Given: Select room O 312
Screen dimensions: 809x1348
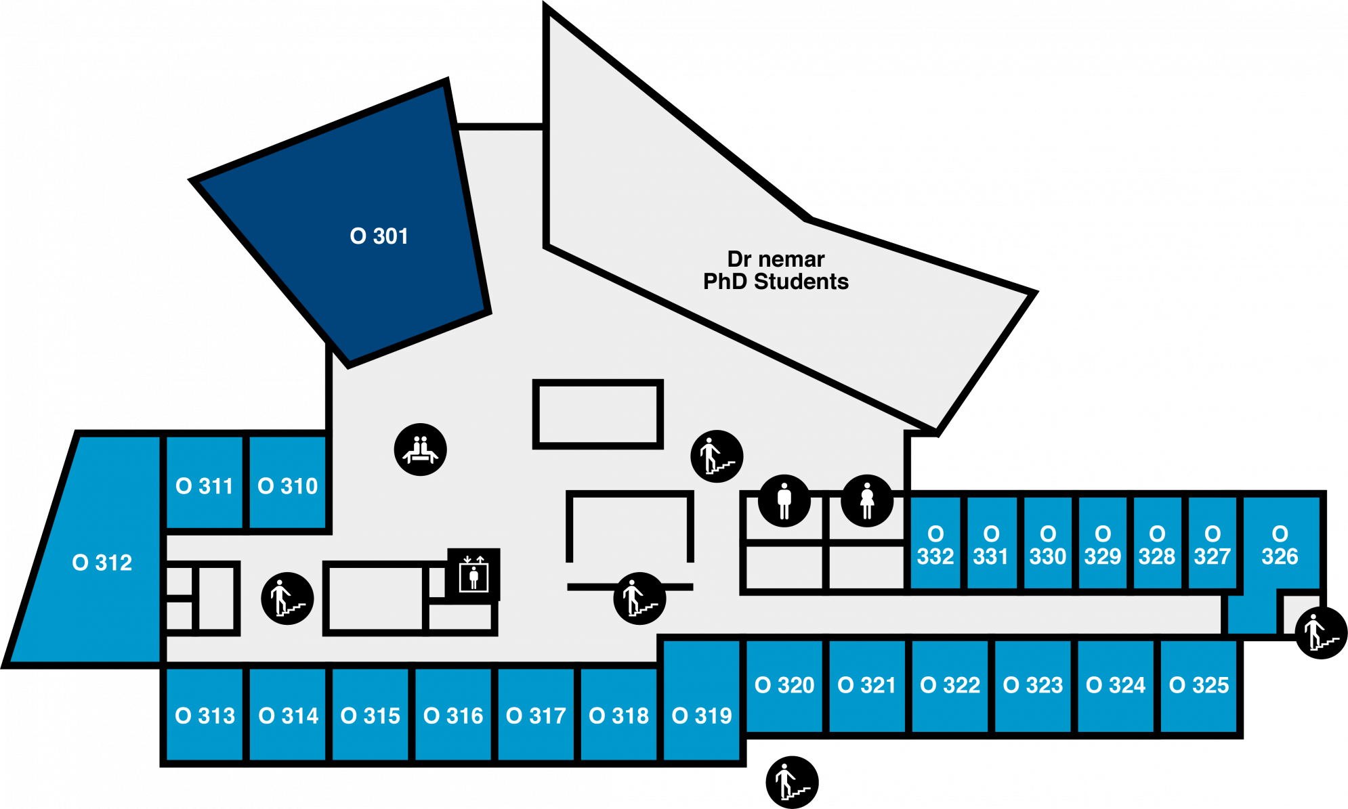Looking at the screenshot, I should coord(102,562).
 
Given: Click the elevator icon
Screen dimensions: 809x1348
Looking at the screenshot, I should coord(473,575).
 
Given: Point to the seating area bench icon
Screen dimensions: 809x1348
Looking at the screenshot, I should coord(420,450).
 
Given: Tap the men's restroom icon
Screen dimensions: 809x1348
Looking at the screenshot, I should coord(784,501).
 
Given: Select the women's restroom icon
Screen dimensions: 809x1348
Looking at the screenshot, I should coord(866,501).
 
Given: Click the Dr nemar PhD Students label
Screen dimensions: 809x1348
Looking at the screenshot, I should coord(776,270).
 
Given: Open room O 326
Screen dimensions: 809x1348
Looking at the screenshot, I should coord(1280,545).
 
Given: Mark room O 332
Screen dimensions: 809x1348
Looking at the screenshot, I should coord(935,545).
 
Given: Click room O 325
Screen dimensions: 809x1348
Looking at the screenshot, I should coord(1198,685).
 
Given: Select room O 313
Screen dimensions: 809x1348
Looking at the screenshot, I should coord(205,715).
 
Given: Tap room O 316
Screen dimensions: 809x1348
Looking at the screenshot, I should coord(453,715).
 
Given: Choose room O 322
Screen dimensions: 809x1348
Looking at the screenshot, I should coord(950,685).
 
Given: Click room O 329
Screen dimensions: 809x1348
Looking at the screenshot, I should coord(1102,545).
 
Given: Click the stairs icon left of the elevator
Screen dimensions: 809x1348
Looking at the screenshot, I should coord(287,598).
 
